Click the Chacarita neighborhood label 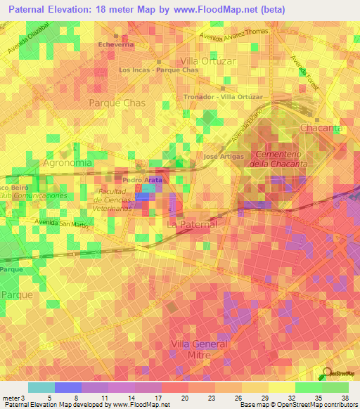(321, 128)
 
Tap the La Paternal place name (192, 223)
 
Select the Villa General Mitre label (200, 349)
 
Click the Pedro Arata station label (143, 180)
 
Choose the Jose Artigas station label (223, 156)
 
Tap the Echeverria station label (116, 44)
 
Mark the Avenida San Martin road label (63, 224)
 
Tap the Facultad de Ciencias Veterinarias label (112, 200)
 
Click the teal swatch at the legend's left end (41, 387)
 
